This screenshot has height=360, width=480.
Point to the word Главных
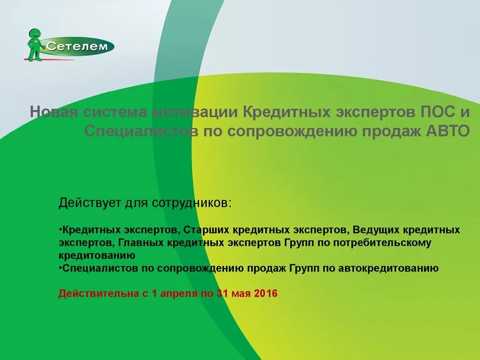(136, 243)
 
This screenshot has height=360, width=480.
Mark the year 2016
(265, 294)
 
